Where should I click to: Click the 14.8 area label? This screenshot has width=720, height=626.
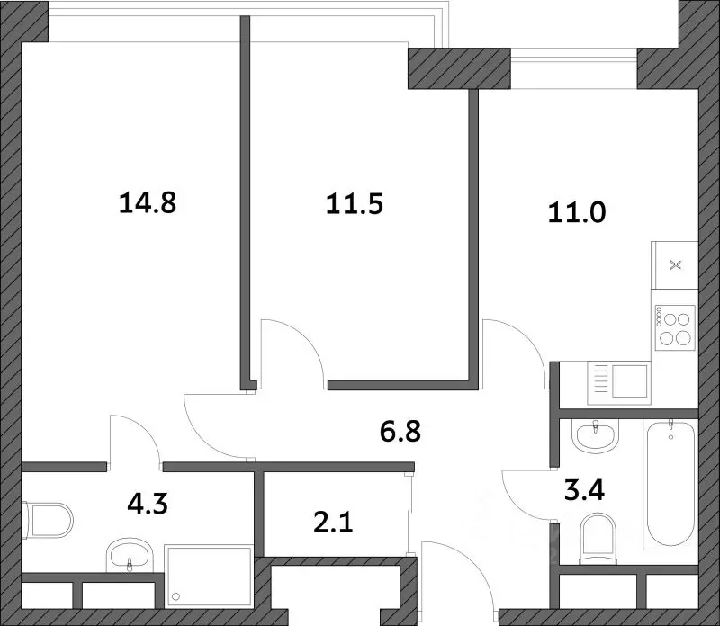coord(148,203)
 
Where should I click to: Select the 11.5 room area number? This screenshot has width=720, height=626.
coord(355,204)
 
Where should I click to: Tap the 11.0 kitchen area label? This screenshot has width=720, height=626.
coord(577,213)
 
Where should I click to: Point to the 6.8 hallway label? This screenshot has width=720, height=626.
coord(400,432)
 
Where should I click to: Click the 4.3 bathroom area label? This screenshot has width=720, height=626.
coord(148,504)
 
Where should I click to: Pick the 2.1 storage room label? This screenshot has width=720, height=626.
coord(333,523)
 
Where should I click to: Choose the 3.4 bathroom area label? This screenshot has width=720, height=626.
coord(584,490)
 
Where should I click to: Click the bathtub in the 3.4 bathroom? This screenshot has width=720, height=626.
coord(670,485)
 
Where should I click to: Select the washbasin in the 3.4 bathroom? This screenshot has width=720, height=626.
coord(596,436)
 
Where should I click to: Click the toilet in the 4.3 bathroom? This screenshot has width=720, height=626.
coord(48,520)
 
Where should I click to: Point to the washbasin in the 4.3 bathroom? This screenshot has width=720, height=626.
coord(130,555)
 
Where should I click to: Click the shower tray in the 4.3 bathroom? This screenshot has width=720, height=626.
coord(209,576)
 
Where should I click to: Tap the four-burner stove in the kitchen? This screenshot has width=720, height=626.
coord(675,328)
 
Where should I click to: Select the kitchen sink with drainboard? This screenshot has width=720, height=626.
coord(619,384)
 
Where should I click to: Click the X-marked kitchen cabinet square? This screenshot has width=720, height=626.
coord(675,264)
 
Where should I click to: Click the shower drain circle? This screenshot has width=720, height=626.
coord(175,596)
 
